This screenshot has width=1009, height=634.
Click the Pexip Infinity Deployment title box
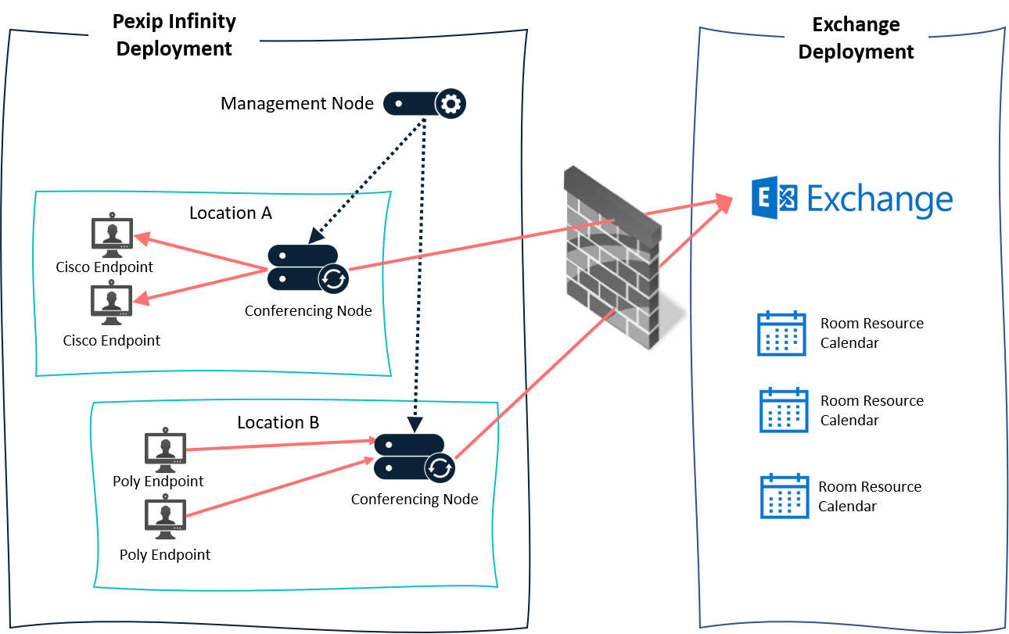[x=174, y=35]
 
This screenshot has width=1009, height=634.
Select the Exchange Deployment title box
[x=856, y=38]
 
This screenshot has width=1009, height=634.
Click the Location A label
[x=230, y=213]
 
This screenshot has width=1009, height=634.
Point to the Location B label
[x=278, y=422]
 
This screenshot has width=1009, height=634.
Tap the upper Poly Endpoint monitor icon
[x=165, y=450]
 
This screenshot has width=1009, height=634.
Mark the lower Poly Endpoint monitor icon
[x=165, y=520]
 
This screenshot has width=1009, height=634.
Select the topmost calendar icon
[x=781, y=333]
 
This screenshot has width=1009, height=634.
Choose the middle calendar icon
[x=784, y=410]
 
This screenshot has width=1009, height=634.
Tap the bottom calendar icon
[x=785, y=495]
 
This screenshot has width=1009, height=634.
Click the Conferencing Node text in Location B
[x=415, y=499]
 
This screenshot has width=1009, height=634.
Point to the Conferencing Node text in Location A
[x=308, y=310]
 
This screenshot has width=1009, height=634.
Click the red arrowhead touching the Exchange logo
[x=724, y=202]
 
